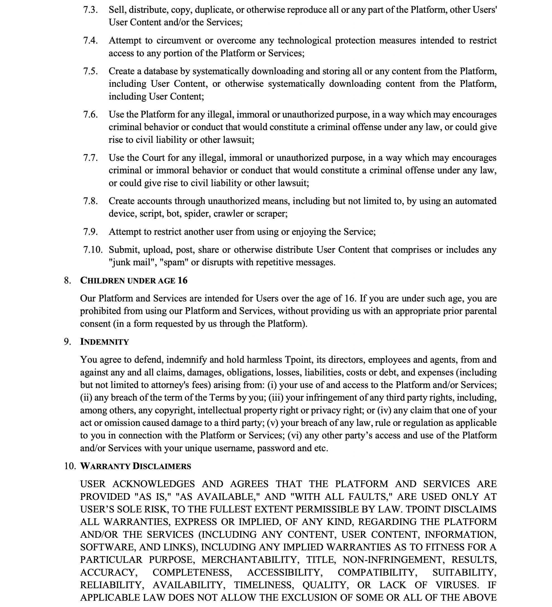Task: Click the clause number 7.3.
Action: [x=90, y=10]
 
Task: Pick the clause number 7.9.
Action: [x=90, y=232]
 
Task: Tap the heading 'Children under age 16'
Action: [x=133, y=280]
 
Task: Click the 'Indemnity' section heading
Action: [x=104, y=342]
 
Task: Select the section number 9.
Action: [x=67, y=342]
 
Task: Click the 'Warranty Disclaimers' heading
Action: [x=135, y=466]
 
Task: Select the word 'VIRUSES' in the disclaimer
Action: [x=457, y=585]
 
